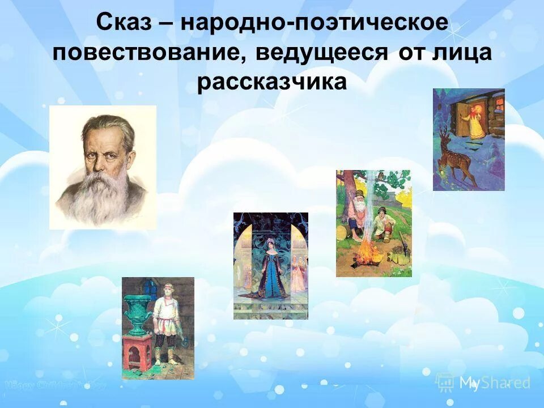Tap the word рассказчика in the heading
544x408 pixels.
point(271,82)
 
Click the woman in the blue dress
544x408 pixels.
point(269,266)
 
